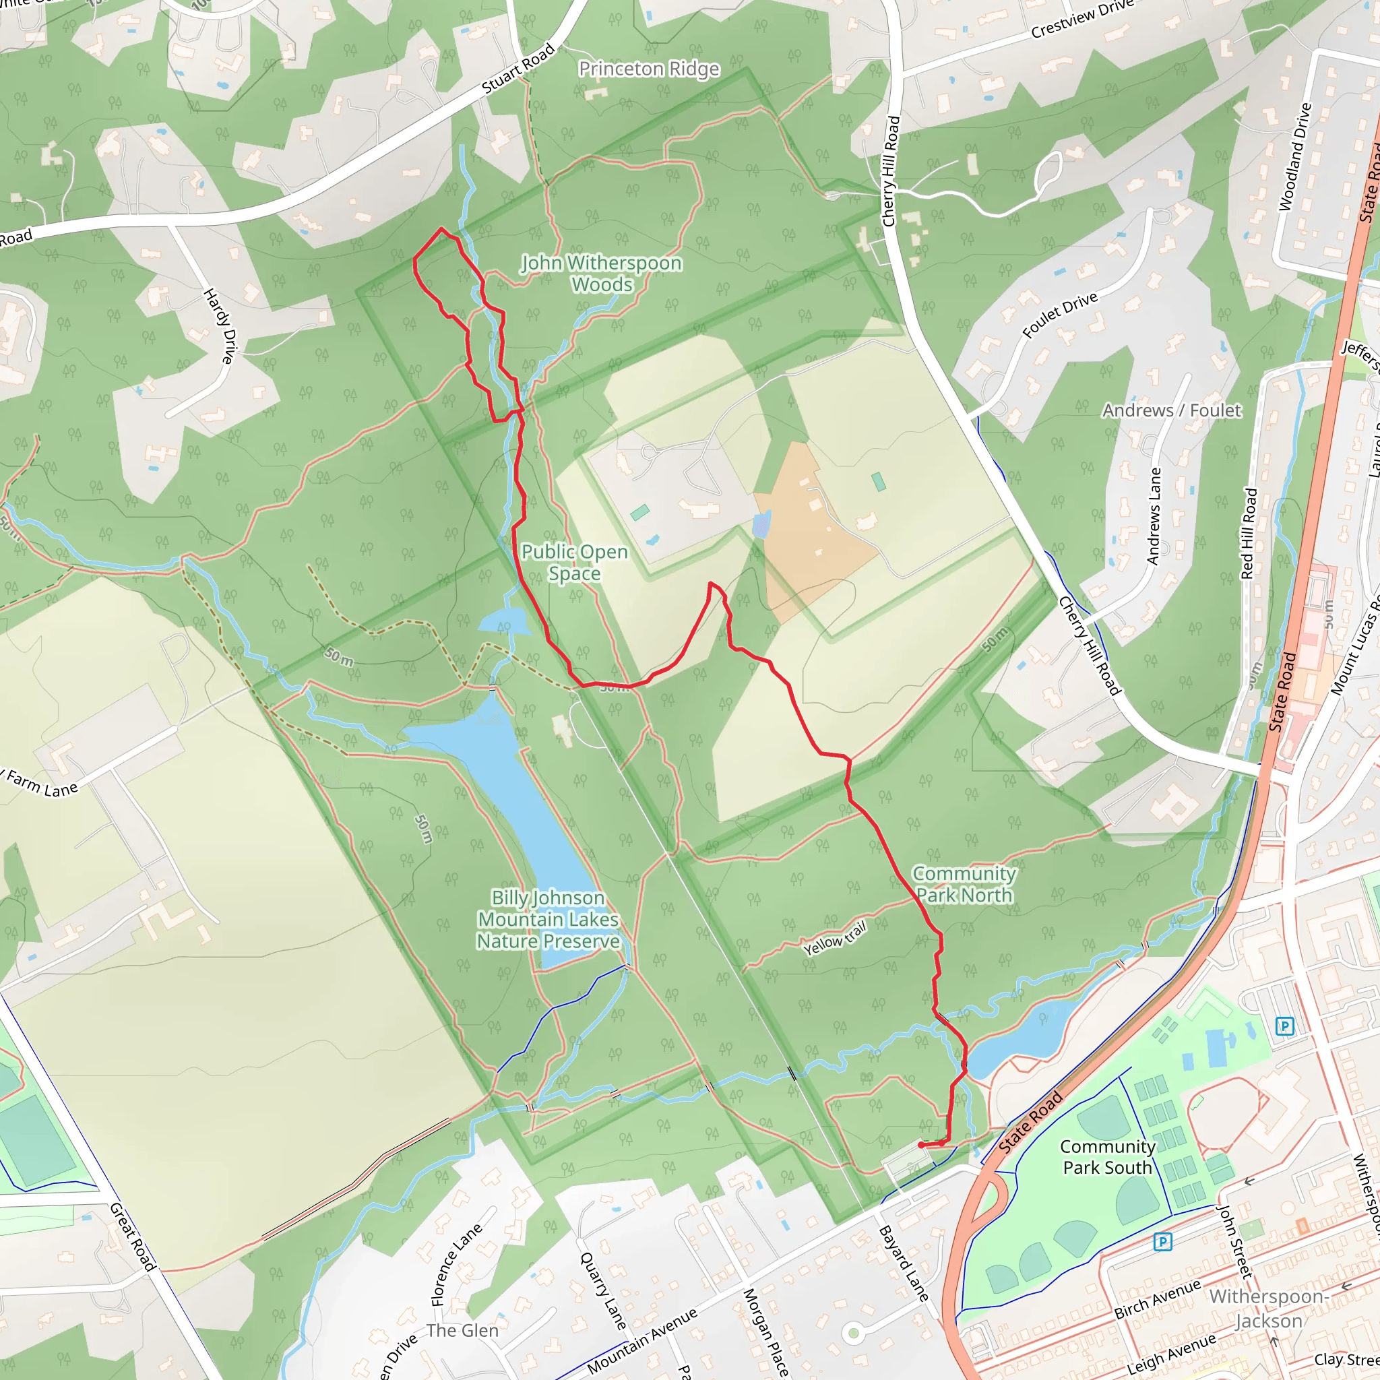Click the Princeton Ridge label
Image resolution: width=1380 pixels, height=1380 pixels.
[x=649, y=69]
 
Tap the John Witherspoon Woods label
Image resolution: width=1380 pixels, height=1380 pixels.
[x=602, y=274]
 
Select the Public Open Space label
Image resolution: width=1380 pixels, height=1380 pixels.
[x=574, y=562]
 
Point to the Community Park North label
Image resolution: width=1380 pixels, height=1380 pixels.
[x=964, y=884]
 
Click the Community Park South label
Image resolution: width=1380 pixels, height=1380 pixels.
[x=1107, y=1157]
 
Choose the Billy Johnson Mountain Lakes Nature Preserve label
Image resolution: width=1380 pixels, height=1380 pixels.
[x=548, y=919]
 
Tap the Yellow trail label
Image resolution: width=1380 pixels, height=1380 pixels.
[x=834, y=939]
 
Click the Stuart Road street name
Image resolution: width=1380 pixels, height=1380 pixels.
[x=519, y=69]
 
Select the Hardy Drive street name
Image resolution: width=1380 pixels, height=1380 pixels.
[x=219, y=325]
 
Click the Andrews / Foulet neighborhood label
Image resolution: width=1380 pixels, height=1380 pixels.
[x=1171, y=411]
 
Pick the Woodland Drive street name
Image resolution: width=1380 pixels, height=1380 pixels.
[x=1295, y=157]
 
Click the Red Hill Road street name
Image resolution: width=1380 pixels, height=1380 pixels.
[x=1249, y=533]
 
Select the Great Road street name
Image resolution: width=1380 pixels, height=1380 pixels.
[x=132, y=1236]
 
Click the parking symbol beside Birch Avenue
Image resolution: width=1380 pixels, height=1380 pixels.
[x=1162, y=1242]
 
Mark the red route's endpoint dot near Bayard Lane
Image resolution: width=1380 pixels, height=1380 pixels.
[x=920, y=1145]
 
